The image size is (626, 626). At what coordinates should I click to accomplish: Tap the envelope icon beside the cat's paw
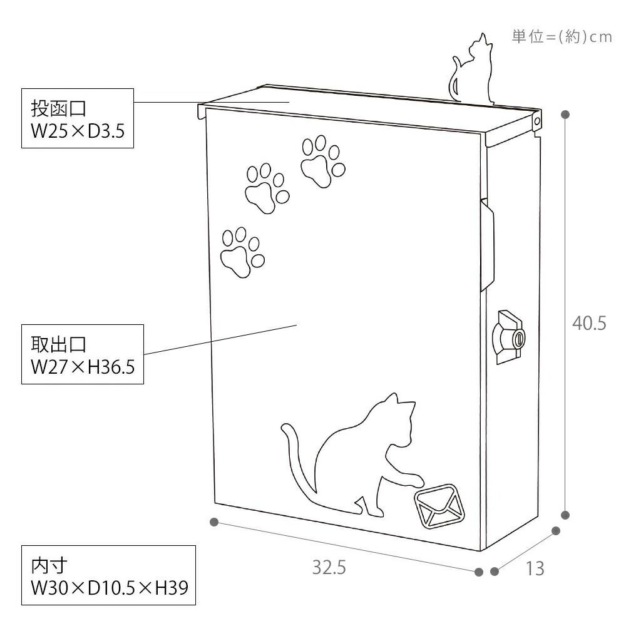coord(439,505)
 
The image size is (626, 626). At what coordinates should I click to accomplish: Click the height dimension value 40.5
coord(589,323)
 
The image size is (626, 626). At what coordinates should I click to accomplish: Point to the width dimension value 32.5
coord(329,567)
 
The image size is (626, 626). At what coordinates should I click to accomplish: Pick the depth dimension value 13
coord(535,568)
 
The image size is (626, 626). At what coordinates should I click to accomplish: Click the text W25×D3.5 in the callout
coord(78,131)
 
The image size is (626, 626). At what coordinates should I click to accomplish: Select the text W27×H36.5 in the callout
coord(83,366)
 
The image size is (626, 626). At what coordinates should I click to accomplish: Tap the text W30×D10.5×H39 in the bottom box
coord(110,588)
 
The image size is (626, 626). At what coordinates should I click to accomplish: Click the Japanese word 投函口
coord(59,108)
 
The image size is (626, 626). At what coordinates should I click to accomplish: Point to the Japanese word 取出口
coord(59,344)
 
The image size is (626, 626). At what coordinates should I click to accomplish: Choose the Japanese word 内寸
coord(49,566)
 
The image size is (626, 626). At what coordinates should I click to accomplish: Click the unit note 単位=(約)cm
coord(562,37)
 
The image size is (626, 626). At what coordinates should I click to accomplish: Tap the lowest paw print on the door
coord(242,252)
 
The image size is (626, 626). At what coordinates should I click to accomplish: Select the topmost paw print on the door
coord(323,162)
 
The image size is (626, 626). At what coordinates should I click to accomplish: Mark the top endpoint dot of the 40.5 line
coord(565,115)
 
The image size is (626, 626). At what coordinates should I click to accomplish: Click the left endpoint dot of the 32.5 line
coord(214,522)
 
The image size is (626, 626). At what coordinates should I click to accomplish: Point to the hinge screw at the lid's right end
coord(537,121)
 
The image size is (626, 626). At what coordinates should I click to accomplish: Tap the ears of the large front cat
coord(399,401)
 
